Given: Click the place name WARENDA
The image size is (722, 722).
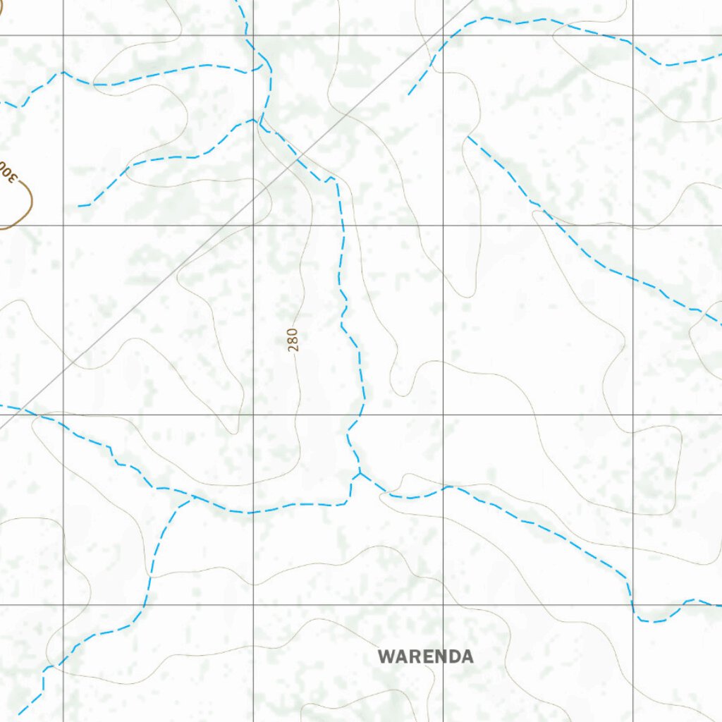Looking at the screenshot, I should pos(425,656).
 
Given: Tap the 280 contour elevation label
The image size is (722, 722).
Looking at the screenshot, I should pos(293,339).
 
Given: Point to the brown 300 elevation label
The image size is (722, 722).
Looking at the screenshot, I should pos(8,172).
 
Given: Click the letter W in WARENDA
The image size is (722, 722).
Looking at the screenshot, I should pos(386,656).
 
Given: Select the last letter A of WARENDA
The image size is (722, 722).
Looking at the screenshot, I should pos(466,656).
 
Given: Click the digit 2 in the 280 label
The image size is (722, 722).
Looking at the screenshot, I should pos(293,347).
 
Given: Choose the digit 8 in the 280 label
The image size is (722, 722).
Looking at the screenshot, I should pos(293,339).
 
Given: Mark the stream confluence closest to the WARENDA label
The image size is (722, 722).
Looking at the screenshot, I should pos(360,473).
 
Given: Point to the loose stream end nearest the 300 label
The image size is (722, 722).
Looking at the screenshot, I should pos(79,206).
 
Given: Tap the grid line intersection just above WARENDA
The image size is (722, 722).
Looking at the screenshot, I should pos(443,605).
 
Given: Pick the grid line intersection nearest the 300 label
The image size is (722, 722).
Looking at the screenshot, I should pos(63,225).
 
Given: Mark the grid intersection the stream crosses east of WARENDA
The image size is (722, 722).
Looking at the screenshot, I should pos(632,605).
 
